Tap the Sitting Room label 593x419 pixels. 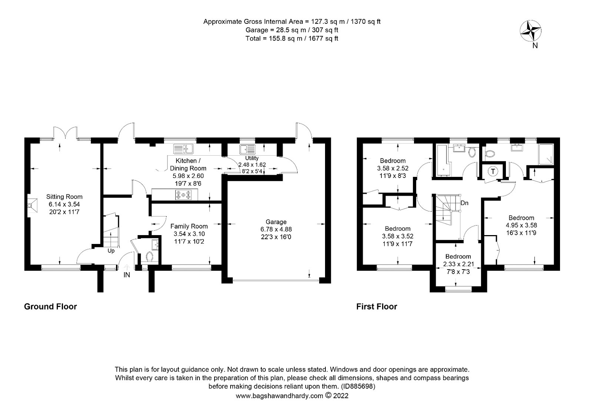coord(64,197)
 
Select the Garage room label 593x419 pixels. coord(276,222)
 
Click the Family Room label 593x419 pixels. coord(189,226)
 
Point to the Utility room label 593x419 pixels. coord(252,158)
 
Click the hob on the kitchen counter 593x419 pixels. coord(183,195)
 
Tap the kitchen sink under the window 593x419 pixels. coord(183,149)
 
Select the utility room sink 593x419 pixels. coord(248,149)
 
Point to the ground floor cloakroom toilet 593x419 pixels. coord(150,256)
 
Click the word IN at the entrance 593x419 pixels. coord(127,275)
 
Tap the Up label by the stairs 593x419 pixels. coord(111,251)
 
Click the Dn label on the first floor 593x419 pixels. coord(465,203)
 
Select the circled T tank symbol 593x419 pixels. coord(493,171)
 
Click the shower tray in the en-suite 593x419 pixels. coord(546,154)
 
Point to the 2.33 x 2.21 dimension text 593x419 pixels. coord(458,264)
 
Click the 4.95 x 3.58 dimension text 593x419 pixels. coord(521,225)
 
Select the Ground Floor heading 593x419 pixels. coord(50,307)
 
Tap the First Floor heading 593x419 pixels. coord(377,307)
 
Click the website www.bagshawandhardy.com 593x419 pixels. coord(279,396)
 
